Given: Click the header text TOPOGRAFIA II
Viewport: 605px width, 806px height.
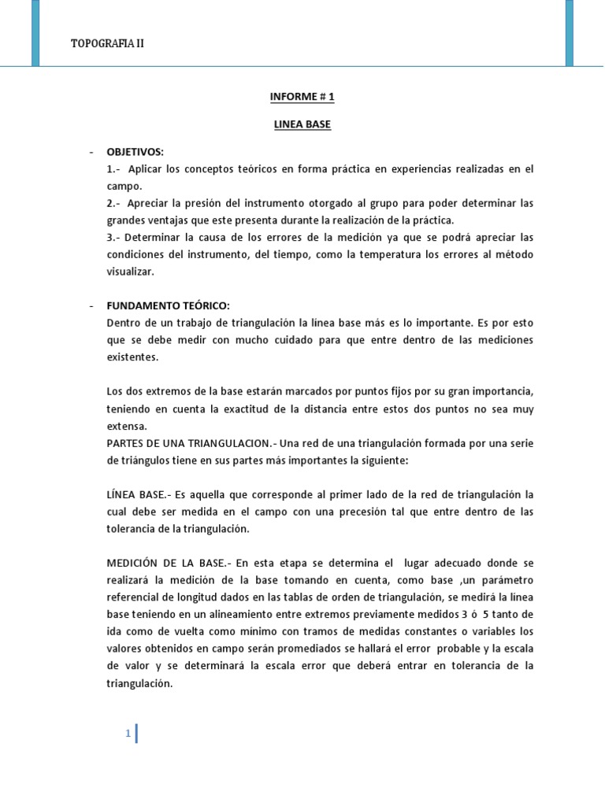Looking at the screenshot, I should point(108,43).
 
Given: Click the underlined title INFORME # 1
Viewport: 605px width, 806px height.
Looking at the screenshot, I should point(302,98).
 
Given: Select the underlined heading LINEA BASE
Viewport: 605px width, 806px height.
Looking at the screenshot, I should point(302,124).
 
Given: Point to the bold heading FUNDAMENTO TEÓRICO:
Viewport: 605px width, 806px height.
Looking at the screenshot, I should point(168,305).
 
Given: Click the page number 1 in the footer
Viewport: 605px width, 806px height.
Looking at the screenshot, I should point(128,734).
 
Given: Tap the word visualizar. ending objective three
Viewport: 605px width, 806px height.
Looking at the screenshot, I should point(131,272).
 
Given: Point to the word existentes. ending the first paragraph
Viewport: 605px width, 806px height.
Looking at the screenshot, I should point(133,357).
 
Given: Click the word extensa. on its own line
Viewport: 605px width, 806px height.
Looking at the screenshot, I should point(127,425).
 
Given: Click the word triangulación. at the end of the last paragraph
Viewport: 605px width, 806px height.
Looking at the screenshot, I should point(139,684).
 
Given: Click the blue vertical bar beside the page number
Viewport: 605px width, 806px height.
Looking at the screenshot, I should point(137,734).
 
